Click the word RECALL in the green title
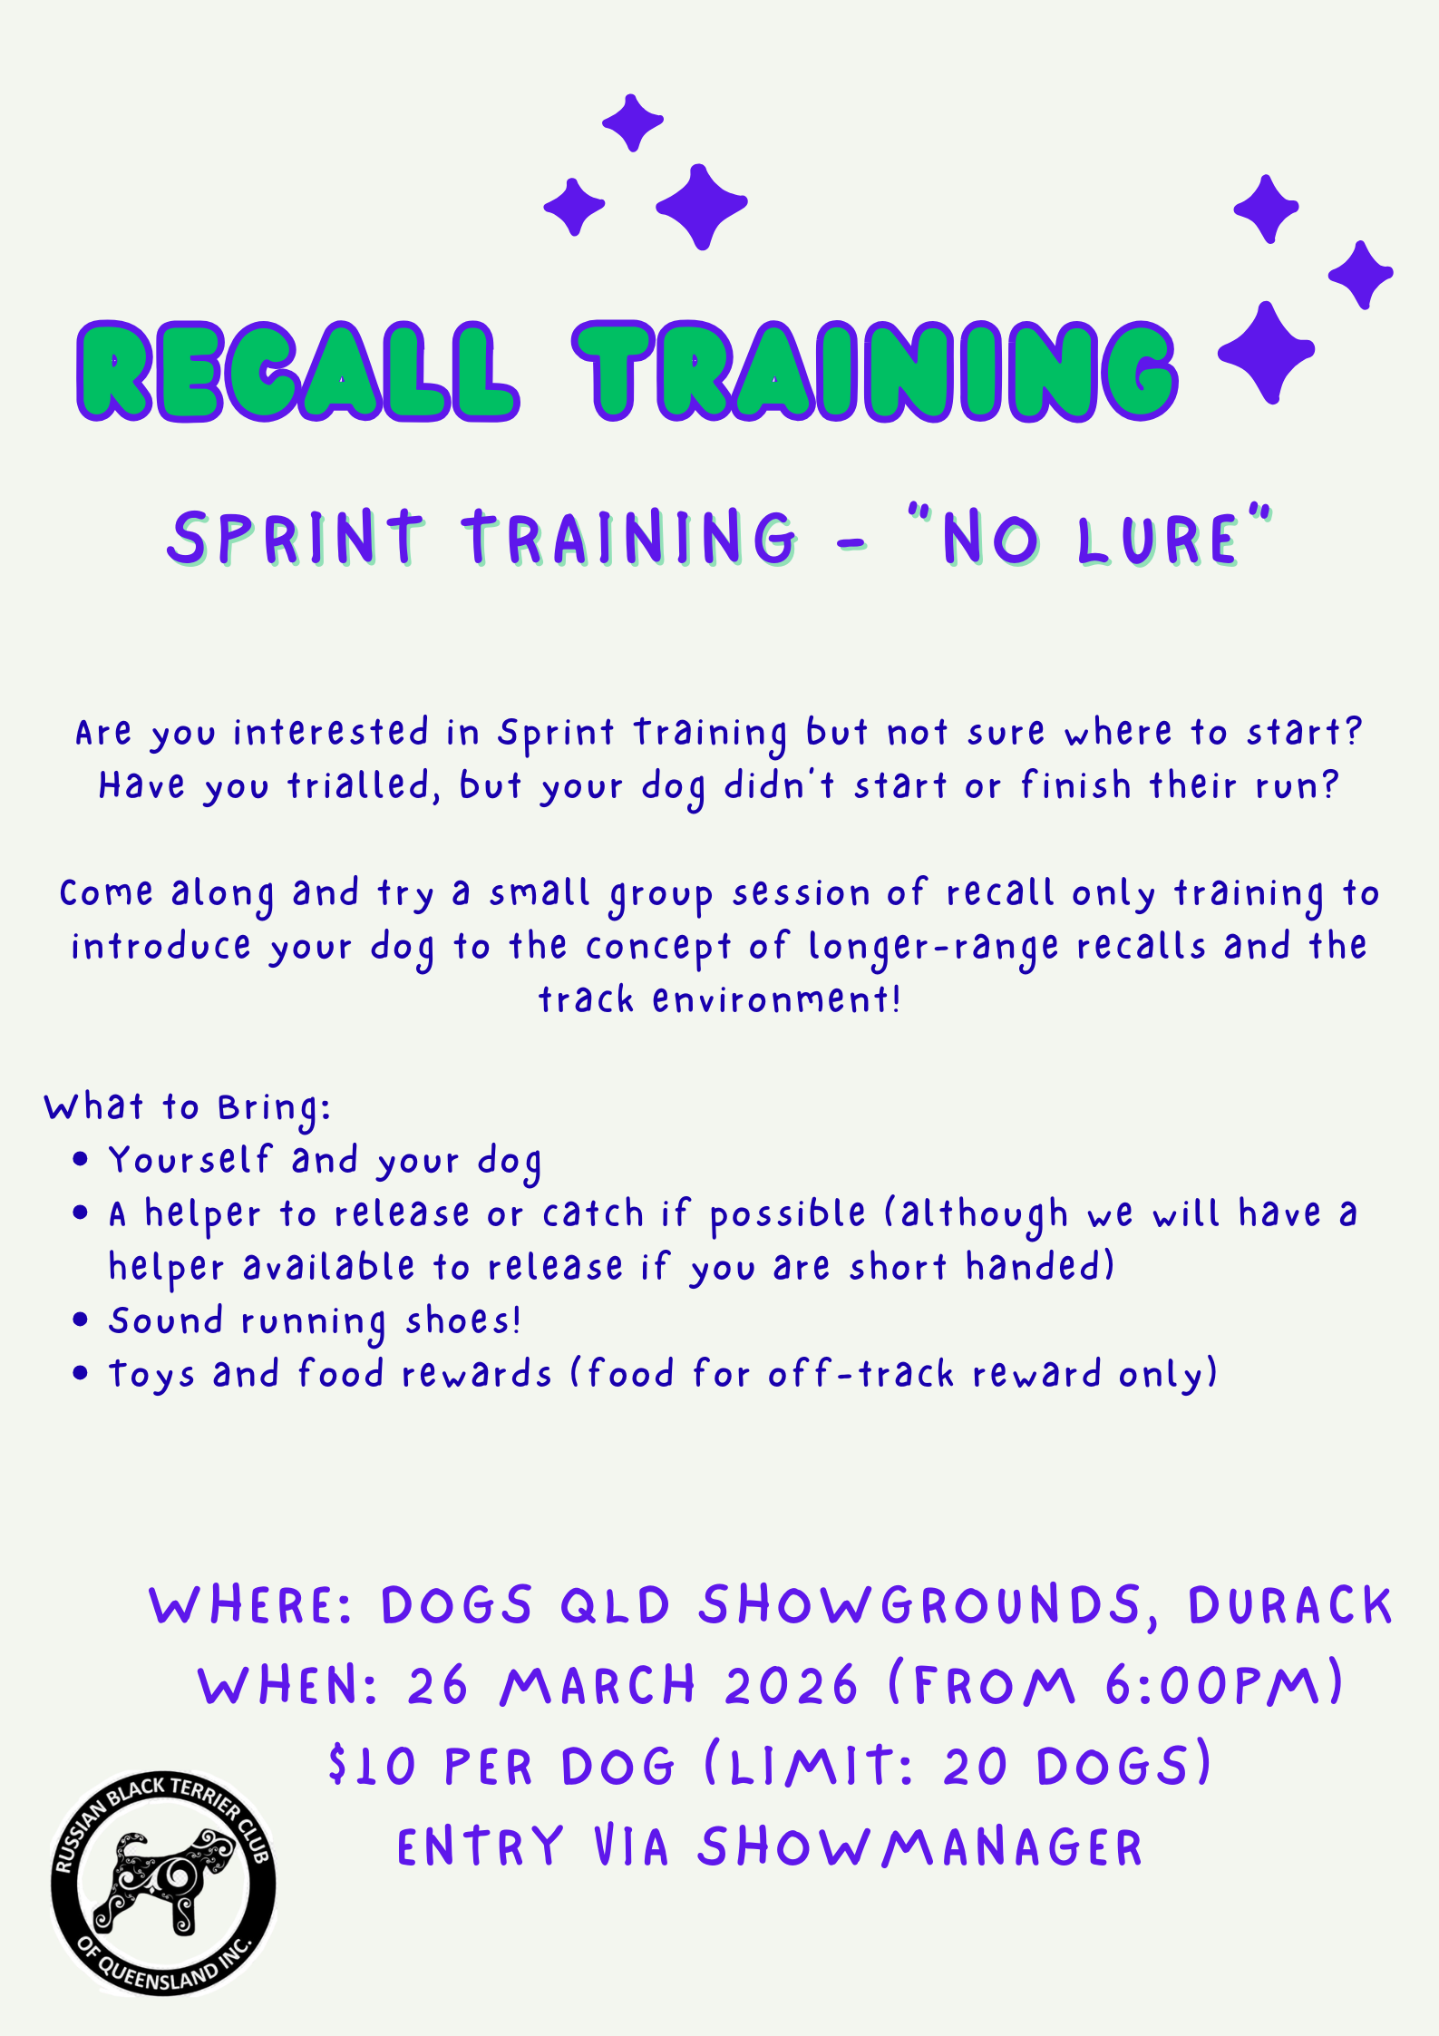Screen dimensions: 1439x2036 [297, 371]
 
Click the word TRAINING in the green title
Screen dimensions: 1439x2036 [875, 371]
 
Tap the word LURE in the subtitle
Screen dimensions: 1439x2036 [1158, 540]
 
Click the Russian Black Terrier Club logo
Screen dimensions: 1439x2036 [163, 1883]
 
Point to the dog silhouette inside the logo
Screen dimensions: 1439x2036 [163, 1882]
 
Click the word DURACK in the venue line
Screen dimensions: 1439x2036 [1289, 1606]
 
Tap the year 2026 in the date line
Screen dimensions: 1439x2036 [791, 1686]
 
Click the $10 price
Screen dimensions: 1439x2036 [372, 1767]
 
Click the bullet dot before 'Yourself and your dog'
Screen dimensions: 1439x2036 [81, 1159]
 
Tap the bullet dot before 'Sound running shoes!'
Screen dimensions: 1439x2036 [81, 1320]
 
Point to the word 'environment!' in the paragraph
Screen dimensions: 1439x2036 [776, 999]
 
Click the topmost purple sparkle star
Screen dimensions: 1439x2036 [633, 122]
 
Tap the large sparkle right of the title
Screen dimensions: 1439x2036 [1267, 352]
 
